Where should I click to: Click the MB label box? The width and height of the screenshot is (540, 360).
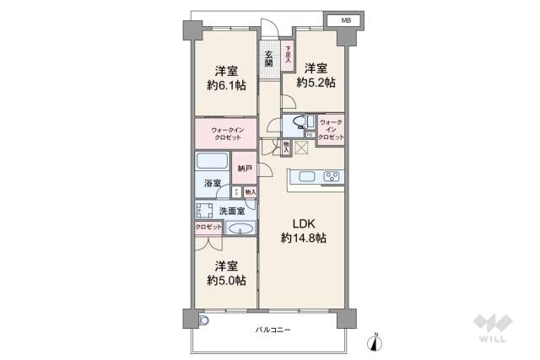[x=344, y=19]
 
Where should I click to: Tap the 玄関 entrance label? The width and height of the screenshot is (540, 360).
[x=268, y=57]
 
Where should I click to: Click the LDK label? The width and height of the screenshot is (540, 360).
[x=304, y=223]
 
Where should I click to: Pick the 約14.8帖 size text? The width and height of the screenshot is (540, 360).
[x=304, y=239]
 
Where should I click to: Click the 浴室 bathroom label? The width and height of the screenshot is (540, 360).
[x=213, y=184]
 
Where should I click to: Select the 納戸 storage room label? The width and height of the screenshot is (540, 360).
[x=244, y=169]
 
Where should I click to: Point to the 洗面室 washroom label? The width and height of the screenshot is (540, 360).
[x=232, y=211]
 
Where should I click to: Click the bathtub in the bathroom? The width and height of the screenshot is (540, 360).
[x=212, y=162]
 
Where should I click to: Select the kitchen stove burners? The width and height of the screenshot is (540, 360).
[x=330, y=177]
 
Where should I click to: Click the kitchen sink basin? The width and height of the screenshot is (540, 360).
[x=305, y=177]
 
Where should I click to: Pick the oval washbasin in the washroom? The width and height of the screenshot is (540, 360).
[x=241, y=228]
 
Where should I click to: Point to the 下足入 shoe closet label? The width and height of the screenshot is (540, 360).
[x=287, y=56]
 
